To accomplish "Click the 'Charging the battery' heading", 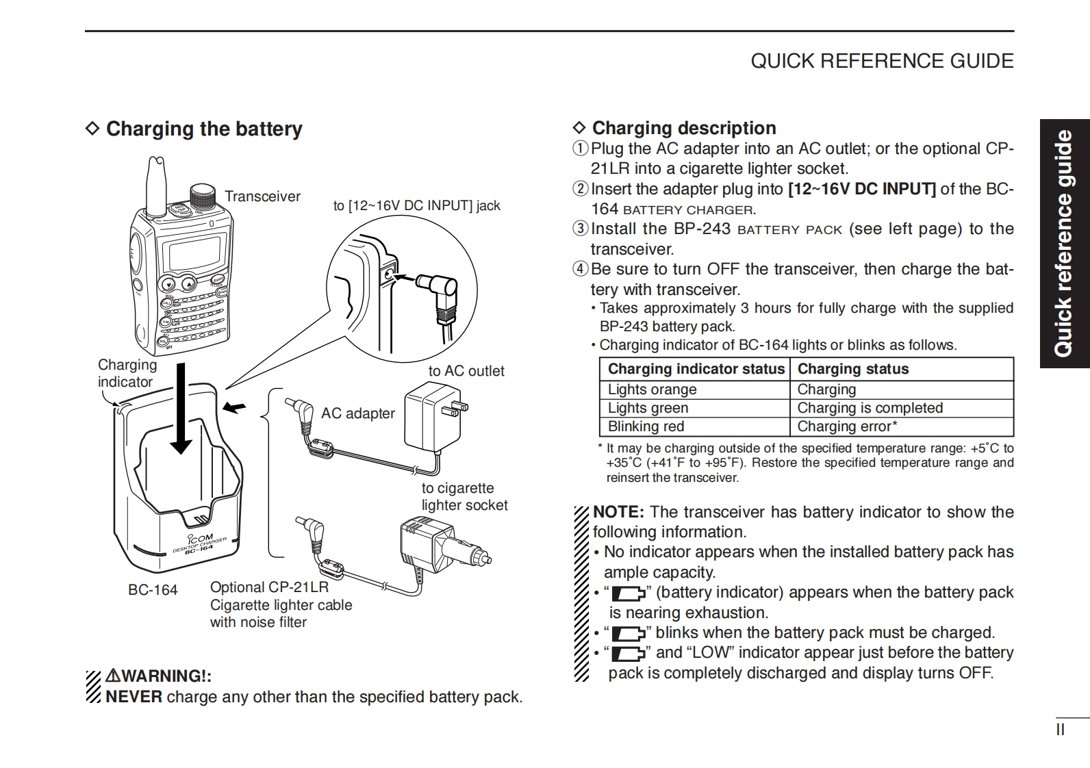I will click(203, 129).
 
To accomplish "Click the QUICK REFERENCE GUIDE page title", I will click(882, 61).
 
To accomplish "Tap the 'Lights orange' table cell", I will click(652, 389).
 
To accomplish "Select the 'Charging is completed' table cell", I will click(870, 408).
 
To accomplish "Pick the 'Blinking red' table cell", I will click(646, 426).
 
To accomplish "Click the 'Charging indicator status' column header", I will click(696, 369).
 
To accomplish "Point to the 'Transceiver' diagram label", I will click(262, 196).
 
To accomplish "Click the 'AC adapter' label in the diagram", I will click(357, 413).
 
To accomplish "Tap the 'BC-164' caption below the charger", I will click(153, 590).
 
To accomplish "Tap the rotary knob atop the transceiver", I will click(202, 195).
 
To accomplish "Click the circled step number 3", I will click(580, 229).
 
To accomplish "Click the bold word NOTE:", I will click(618, 512).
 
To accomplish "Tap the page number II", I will click(1060, 730).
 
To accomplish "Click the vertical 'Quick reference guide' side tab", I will click(1063, 244).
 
